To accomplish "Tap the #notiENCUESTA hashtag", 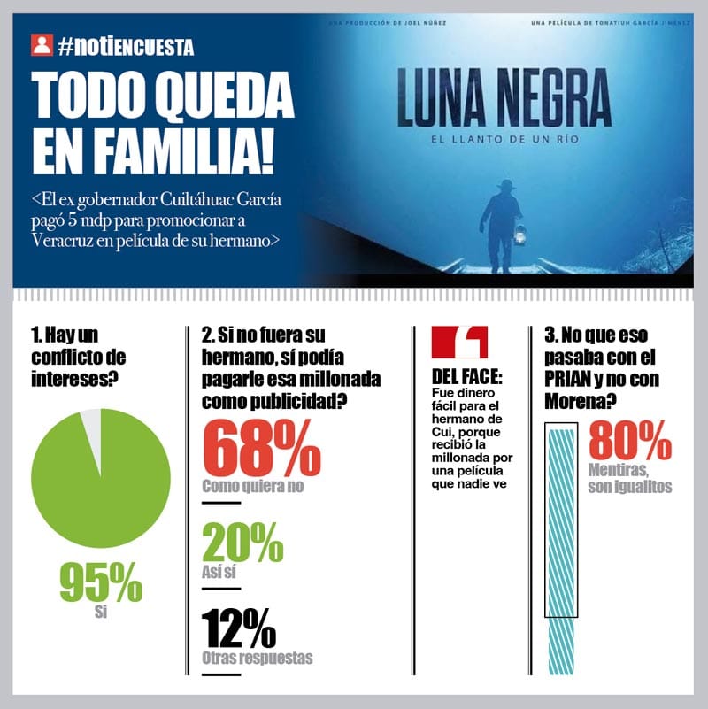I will [x=125, y=45].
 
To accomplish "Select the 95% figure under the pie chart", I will [x=100, y=582].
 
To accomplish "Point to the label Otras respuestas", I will [x=257, y=658].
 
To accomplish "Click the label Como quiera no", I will [x=253, y=486].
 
